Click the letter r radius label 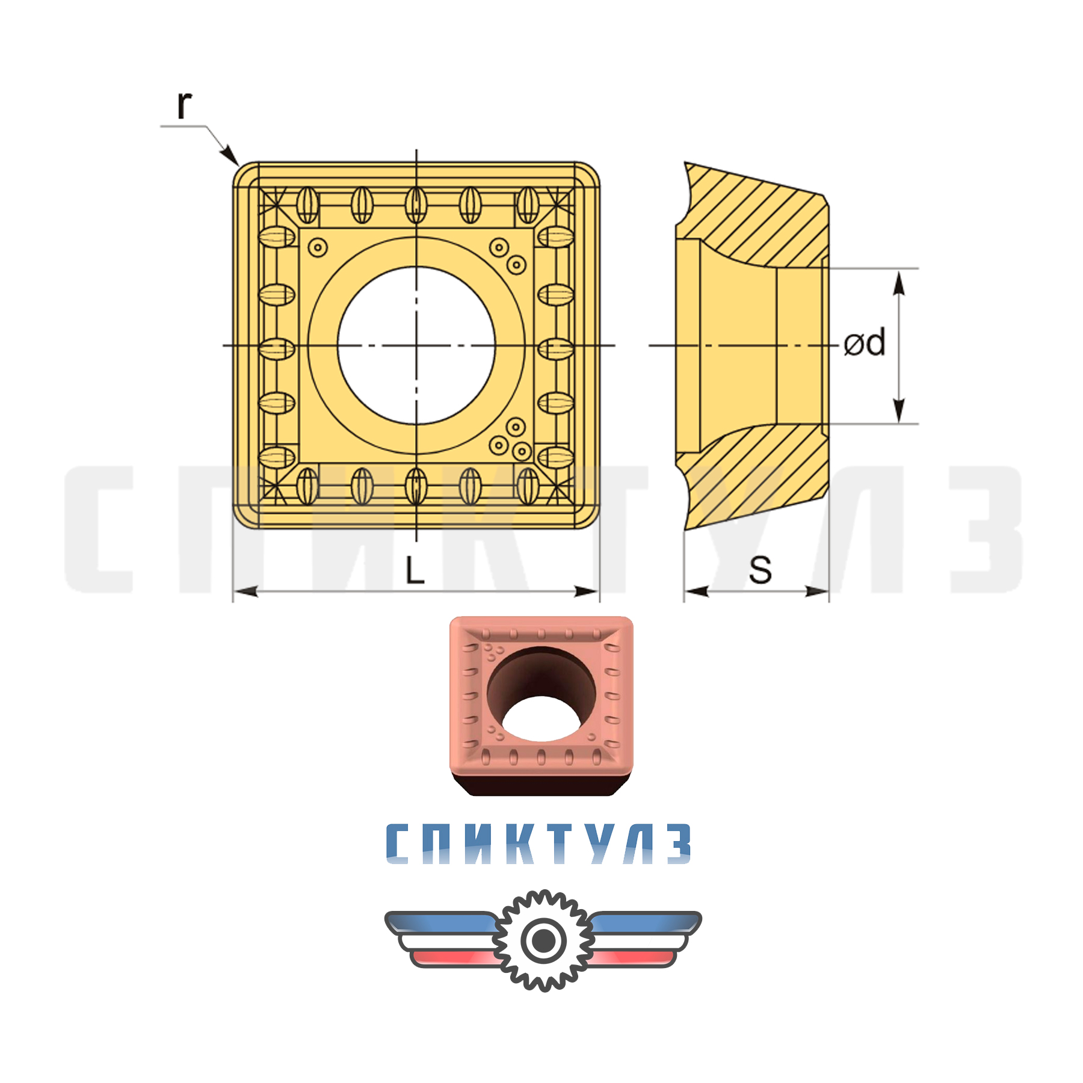[184, 105]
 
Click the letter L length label [415, 570]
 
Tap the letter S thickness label [760, 570]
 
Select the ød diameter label [865, 343]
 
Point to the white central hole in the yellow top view [416, 345]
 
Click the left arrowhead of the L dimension [244, 591]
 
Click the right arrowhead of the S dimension [819, 591]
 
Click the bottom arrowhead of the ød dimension [899, 412]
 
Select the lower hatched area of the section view [758, 475]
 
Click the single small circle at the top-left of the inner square [317, 247]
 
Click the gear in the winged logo [543, 940]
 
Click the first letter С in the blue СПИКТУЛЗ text [398, 844]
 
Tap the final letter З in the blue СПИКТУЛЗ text [679, 844]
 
